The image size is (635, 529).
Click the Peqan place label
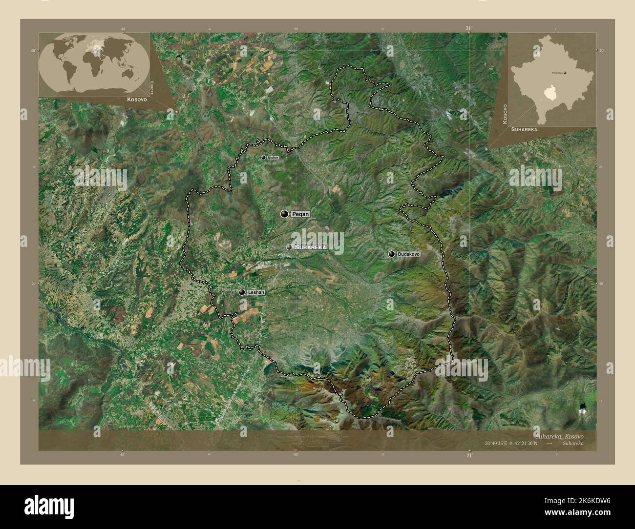pos(300,214)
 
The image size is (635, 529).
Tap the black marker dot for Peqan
pos(284,214)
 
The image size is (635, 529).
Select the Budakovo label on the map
pos(409,254)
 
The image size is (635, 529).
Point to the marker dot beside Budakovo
pos(392,254)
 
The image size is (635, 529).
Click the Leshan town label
pos(256,292)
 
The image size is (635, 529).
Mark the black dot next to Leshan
pos(242,292)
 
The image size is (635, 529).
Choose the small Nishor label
pos(273,158)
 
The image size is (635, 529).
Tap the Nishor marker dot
pos(263,158)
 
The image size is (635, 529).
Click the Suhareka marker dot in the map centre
pos(289,247)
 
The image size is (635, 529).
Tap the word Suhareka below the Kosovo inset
pos(524,130)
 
